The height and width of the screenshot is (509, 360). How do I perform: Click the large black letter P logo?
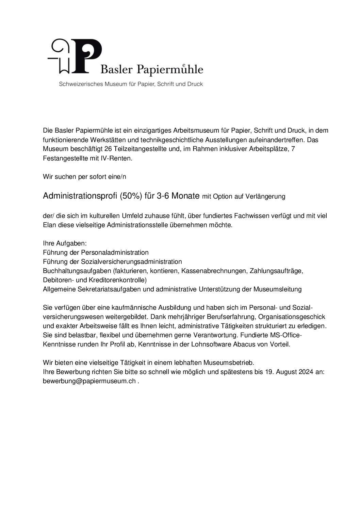pyautogui.click(x=87, y=56)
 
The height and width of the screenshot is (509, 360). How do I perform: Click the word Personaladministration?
pyautogui.click(x=114, y=253)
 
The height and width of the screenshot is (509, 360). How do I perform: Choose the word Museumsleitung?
pyautogui.click(x=278, y=289)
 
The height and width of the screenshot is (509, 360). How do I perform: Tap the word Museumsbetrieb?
pyautogui.click(x=229, y=363)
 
